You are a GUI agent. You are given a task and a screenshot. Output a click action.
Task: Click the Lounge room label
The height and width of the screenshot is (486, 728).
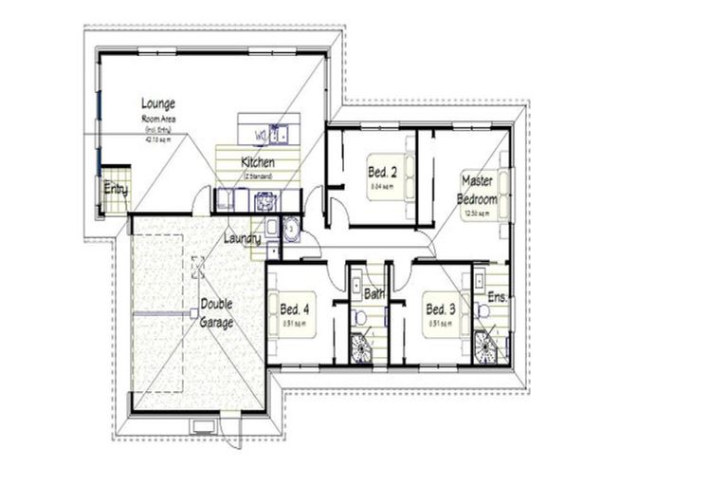point(158,103)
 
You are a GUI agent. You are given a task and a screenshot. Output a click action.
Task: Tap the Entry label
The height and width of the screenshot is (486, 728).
point(116,189)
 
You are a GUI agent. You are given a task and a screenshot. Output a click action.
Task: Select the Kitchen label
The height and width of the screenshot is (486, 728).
point(258,162)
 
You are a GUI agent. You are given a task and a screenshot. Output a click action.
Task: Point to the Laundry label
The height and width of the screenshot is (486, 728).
point(242,239)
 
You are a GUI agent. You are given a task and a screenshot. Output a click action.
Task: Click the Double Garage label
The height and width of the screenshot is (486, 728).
point(216,314)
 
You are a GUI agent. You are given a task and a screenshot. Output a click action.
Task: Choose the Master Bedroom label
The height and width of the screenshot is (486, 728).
point(478,189)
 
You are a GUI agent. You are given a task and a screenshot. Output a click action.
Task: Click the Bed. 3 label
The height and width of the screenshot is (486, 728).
point(441,308)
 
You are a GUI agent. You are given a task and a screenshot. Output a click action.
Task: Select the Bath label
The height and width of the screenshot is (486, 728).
point(375,294)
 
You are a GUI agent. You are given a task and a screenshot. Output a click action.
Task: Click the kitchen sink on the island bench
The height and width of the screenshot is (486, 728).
point(278,133)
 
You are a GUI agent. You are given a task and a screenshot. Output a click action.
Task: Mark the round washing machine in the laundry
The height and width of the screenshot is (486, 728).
point(290,228)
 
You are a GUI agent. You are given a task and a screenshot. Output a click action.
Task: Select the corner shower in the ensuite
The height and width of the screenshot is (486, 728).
point(485,347)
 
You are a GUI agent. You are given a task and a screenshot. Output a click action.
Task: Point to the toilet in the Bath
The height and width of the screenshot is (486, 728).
point(359,315)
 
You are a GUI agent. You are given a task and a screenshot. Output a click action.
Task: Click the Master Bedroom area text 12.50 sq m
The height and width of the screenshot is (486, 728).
point(477,214)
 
